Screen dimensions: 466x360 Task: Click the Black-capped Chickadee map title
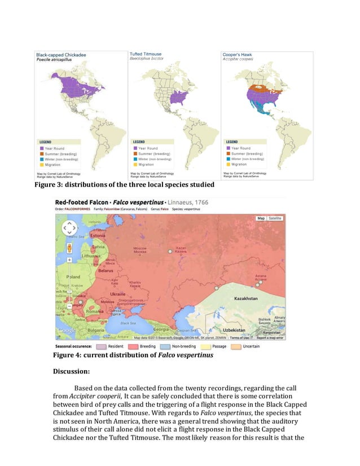tap(62, 55)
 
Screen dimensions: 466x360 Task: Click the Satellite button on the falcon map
tap(275, 218)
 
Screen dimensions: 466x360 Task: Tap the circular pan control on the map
tap(69, 228)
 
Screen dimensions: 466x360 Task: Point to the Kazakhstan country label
tap(245, 298)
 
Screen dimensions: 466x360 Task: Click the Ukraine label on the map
tap(117, 294)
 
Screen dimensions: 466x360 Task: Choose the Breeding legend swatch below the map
tap(134, 346)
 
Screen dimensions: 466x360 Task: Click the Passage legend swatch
tap(202, 346)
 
